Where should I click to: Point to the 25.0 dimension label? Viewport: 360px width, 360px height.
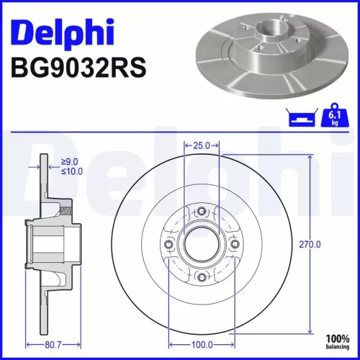(201, 145)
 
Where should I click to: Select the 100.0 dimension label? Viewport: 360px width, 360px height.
(202, 345)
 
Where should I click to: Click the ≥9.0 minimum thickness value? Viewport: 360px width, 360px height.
(70, 162)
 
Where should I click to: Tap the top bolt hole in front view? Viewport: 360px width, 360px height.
(202, 211)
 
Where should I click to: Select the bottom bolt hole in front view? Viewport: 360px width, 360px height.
(202, 278)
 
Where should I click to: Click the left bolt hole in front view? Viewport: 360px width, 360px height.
(168, 245)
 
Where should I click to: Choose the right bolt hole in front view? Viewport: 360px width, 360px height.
(235, 245)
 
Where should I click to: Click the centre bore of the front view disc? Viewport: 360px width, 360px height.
(202, 245)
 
